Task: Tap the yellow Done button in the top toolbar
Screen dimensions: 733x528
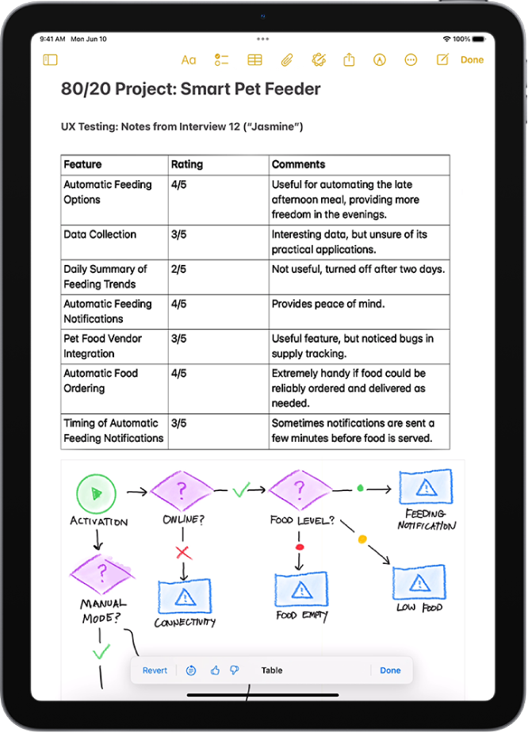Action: click(472, 59)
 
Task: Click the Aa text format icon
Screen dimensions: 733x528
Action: click(189, 59)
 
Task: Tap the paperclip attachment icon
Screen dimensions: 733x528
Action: click(286, 59)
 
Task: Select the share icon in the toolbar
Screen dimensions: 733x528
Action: click(349, 59)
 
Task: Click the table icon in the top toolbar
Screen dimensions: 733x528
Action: click(254, 59)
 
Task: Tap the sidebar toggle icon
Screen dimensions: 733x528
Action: click(51, 59)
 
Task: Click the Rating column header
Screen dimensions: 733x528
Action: click(187, 165)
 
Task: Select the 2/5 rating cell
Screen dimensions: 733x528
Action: click(178, 270)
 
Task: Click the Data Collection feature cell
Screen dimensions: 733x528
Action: click(100, 235)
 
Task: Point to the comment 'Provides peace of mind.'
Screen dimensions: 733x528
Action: click(327, 304)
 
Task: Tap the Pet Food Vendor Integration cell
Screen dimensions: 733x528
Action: click(103, 346)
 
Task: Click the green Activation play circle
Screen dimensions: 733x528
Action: click(96, 493)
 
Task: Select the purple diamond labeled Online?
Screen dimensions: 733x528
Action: click(182, 492)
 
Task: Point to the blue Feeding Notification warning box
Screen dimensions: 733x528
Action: click(426, 487)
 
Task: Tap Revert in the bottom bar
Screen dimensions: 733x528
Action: click(155, 670)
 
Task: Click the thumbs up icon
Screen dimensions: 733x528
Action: click(215, 670)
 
